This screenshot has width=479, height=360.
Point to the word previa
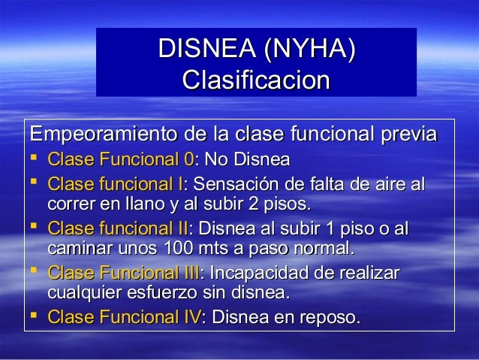[408, 135]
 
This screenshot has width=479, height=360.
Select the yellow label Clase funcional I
[116, 184]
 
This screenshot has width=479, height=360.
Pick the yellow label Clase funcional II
[118, 228]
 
